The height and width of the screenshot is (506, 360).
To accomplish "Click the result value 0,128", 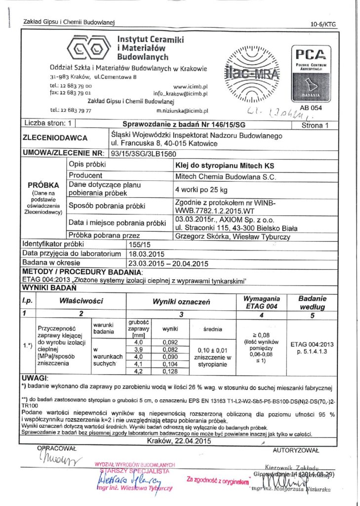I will coord(170,371).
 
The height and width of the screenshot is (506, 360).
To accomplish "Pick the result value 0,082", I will coord(170,349).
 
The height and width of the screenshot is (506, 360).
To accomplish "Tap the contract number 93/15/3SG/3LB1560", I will coord(143,153).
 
